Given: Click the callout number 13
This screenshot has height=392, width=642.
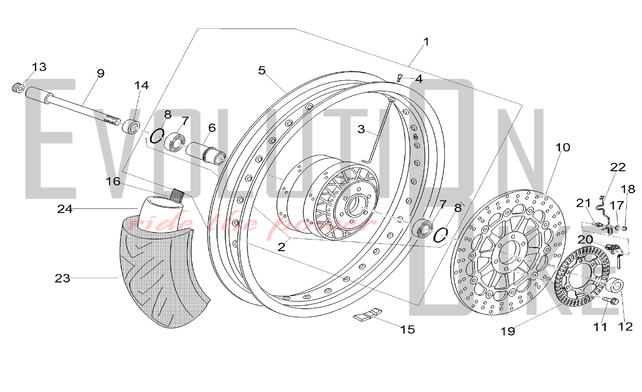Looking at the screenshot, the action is coord(39,67).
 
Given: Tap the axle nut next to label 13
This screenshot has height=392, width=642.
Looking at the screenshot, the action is coord(18,87).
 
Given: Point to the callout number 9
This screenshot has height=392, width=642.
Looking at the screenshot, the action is coord(101,74).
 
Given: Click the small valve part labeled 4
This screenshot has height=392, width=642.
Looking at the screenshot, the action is coord(399,77).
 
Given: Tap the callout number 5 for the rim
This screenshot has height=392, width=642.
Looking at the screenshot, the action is coord(262,70).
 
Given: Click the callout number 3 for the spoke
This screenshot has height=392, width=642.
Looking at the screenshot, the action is coord(361,129).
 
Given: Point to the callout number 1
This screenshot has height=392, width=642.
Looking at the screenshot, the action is coord(426,42).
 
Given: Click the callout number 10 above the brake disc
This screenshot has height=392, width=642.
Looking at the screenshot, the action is coord(563,147).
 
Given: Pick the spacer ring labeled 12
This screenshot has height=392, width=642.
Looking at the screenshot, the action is coord(616,285).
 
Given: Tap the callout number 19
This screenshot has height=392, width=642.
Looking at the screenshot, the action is coord(508,331).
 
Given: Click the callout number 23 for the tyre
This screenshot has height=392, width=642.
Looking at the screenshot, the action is coord(62,278).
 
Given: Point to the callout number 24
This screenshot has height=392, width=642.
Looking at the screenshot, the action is coord(65,209).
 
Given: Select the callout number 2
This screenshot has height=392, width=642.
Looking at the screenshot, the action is coord(282,247).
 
